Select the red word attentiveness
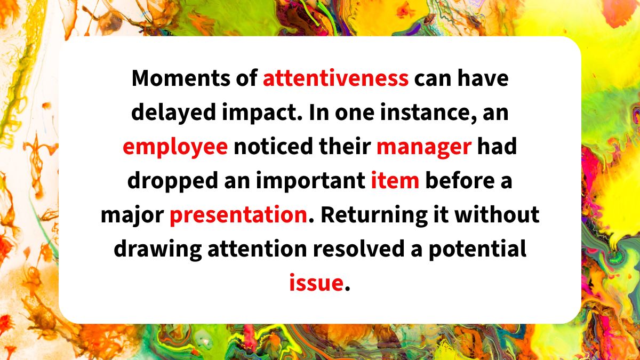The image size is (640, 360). [335, 78]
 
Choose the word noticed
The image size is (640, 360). [273, 146]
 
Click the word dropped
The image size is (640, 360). [173, 181]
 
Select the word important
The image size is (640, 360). [310, 181]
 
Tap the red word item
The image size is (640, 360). [395, 181]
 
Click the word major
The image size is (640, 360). [132, 215]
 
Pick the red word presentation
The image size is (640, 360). [238, 215]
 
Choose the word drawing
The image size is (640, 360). [158, 249]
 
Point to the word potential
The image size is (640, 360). [477, 249]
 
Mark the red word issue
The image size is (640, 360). [316, 283]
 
